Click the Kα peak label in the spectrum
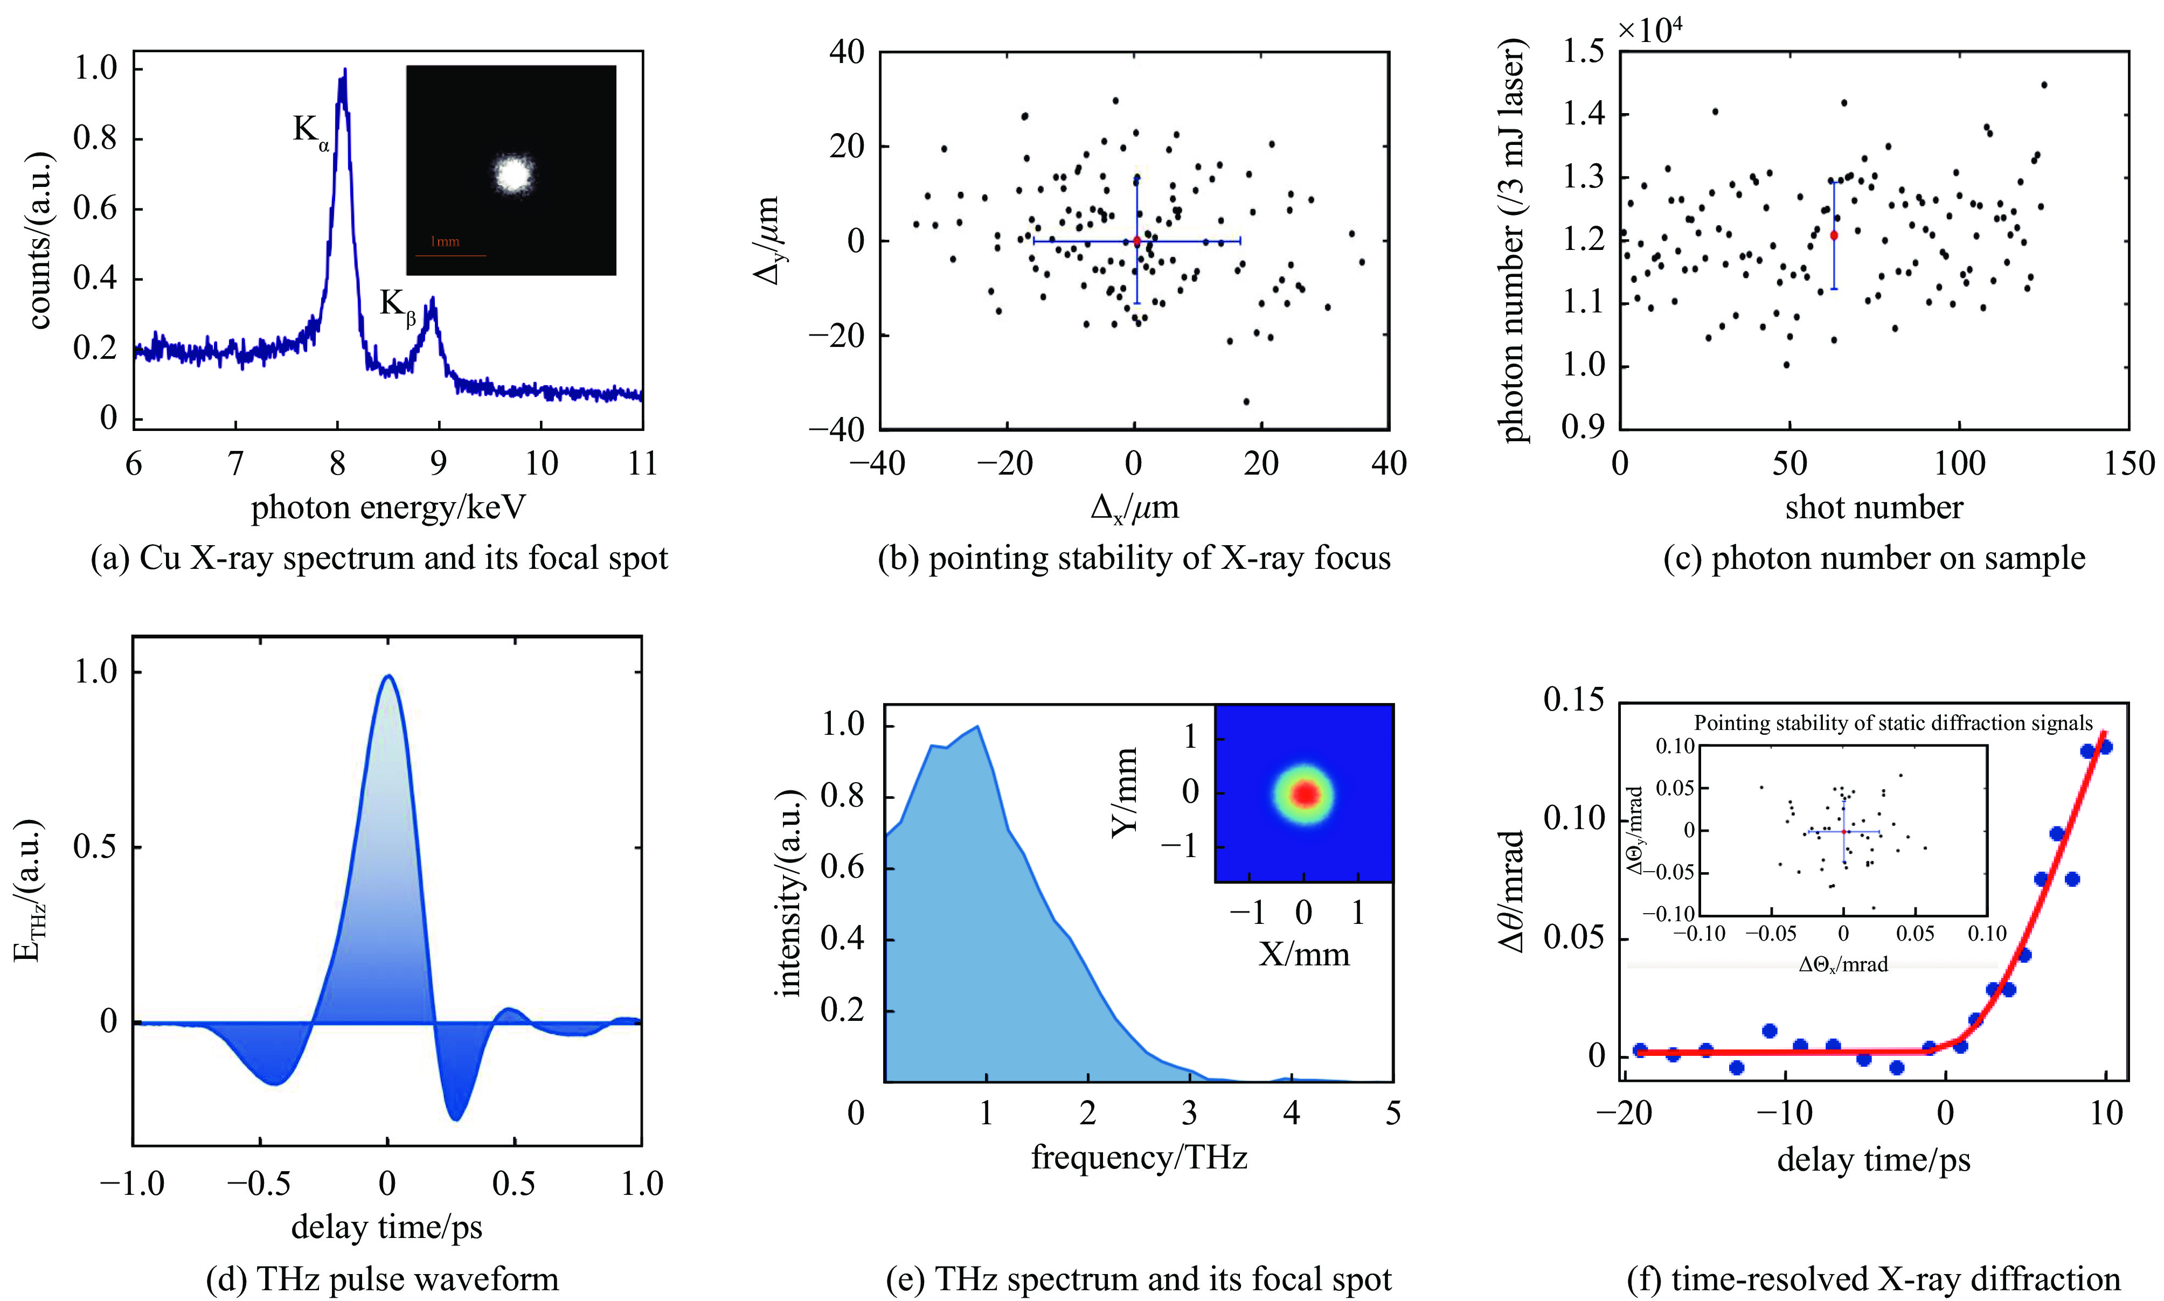coord(310,131)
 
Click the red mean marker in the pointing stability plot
coord(1136,240)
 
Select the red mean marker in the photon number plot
coord(1834,235)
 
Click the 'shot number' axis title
coord(1874,507)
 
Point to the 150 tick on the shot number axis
coord(2129,463)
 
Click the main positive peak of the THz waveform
coord(387,676)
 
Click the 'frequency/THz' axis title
coord(1138,1157)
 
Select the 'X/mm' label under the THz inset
coord(1304,954)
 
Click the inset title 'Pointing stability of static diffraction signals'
coord(1892,723)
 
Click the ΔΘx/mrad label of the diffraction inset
coord(1843,964)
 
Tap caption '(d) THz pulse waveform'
coord(382,1279)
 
